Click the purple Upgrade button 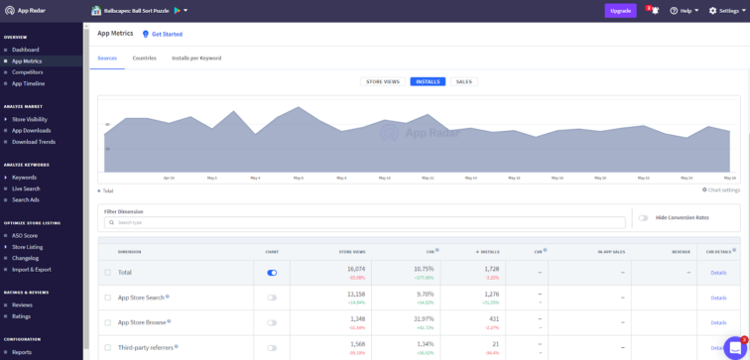(x=620, y=11)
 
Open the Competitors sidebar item (x=28, y=72)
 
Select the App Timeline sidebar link (x=28, y=83)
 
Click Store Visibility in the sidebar (x=30, y=119)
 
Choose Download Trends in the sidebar (x=34, y=142)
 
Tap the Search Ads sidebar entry (x=26, y=199)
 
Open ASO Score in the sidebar (x=25, y=235)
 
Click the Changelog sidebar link (x=25, y=258)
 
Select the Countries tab (x=144, y=59)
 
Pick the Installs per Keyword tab (x=196, y=59)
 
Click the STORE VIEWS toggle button (x=382, y=81)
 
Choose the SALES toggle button (x=464, y=81)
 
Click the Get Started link (x=167, y=34)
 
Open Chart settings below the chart (x=721, y=189)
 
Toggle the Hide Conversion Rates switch (x=644, y=218)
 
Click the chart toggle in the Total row (x=272, y=273)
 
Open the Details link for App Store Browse (x=718, y=322)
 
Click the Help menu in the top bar (x=685, y=11)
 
